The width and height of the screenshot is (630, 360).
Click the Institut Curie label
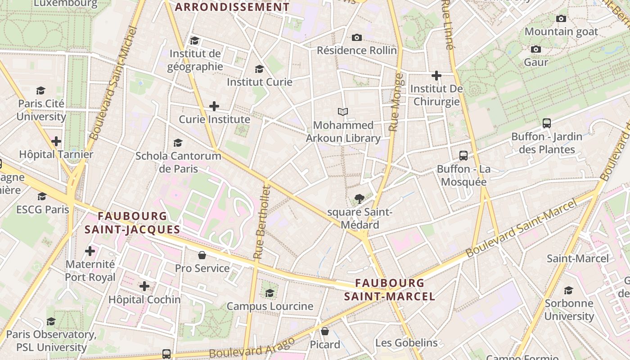259,82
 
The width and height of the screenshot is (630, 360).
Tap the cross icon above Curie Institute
214,106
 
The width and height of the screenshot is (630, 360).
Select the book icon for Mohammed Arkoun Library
343,112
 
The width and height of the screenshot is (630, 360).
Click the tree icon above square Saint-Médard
359,198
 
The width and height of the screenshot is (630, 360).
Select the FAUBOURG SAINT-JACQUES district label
132,223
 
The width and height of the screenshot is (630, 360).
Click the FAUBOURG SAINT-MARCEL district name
390,289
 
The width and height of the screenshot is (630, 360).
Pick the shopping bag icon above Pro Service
202,255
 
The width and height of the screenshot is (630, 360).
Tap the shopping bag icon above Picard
325,331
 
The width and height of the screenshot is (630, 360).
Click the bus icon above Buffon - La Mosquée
463,156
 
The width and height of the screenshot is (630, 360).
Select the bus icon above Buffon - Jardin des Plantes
547,123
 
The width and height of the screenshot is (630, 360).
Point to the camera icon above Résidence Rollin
357,37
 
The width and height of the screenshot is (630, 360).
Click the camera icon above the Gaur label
535,49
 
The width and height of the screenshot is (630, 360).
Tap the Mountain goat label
561,31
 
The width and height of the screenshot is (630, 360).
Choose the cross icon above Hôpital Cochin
144,286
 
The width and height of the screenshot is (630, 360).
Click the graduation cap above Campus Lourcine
270,293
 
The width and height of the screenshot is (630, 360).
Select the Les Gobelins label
406,342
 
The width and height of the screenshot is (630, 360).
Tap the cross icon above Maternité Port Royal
90,251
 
